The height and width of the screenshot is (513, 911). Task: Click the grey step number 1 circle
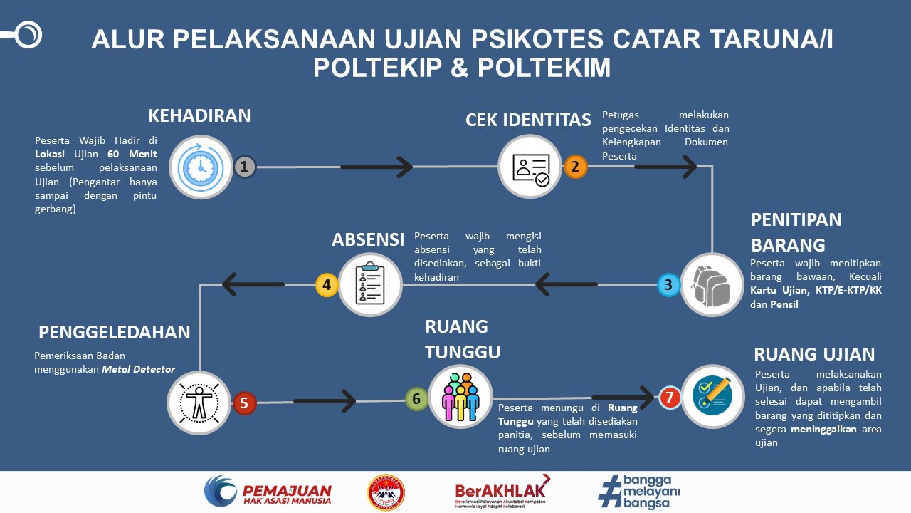tap(244, 167)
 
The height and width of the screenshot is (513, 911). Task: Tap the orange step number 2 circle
tap(575, 167)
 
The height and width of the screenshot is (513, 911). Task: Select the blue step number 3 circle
tap(668, 285)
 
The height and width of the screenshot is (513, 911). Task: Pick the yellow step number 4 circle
tap(327, 285)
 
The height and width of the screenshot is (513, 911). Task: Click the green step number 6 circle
tap(416, 399)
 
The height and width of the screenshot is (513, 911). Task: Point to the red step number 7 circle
tap(669, 398)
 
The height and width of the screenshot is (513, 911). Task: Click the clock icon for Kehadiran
tap(200, 167)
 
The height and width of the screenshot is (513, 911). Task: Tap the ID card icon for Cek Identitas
tap(530, 167)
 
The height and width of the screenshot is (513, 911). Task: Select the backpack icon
tap(712, 285)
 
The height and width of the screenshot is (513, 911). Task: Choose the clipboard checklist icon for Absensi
tap(370, 285)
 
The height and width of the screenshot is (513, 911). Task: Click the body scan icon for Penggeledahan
tap(199, 403)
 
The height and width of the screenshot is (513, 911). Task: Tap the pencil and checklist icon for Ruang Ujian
tap(712, 397)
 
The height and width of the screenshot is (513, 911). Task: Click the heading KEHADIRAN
tap(199, 115)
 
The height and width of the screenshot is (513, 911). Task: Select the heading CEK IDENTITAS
tap(528, 120)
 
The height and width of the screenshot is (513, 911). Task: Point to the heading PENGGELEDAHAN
tap(115, 332)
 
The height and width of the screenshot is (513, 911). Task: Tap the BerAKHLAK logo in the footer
tap(502, 492)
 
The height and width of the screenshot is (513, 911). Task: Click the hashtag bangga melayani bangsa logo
tap(640, 492)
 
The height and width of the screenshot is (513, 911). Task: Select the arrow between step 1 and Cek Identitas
tap(376, 167)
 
